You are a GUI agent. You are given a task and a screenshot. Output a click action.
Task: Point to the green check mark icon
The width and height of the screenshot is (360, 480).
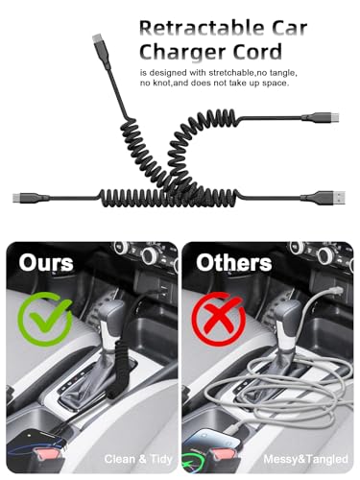tap(45, 319)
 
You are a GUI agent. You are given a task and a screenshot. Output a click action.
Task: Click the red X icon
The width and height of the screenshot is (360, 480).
tap(219, 319)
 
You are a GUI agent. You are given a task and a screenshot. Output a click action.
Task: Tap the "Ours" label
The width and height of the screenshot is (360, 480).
tap(46, 263)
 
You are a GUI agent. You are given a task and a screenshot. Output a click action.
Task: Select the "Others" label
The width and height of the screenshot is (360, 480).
tap(234, 263)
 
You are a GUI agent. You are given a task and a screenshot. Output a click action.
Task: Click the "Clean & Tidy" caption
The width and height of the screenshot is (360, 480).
tap(138, 459)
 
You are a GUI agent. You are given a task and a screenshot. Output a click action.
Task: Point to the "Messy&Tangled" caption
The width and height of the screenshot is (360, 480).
tap(305, 459)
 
